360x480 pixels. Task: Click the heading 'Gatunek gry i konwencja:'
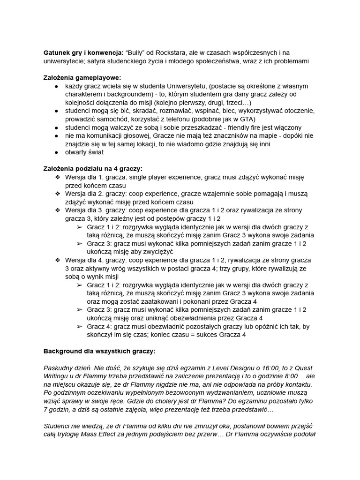tap(82, 52)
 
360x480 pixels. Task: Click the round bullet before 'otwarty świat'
tap(56, 152)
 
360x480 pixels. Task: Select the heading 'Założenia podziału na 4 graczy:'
tap(93, 169)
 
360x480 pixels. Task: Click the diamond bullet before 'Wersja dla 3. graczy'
tap(58, 210)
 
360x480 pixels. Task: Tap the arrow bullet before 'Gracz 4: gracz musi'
tap(79, 327)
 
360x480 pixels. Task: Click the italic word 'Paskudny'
tap(59, 368)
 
